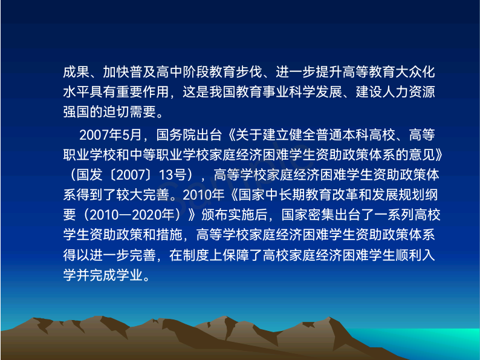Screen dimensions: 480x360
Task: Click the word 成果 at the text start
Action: click(x=76, y=72)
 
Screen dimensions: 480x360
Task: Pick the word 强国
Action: click(x=76, y=112)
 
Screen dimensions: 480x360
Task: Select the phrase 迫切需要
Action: click(x=129, y=112)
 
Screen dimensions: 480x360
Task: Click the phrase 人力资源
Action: click(x=409, y=92)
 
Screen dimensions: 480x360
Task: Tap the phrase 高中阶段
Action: click(x=183, y=72)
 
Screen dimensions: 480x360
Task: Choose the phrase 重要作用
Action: click(x=143, y=92)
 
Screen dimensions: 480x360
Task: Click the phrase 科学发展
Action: click(x=316, y=92)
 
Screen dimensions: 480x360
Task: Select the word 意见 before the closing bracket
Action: click(x=422, y=155)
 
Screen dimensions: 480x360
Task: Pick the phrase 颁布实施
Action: click(x=228, y=215)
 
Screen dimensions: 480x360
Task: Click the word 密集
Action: click(x=322, y=215)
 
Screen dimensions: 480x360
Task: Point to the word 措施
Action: click(x=169, y=235)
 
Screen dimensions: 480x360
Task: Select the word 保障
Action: click(x=236, y=255)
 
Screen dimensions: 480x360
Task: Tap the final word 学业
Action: click(x=129, y=275)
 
